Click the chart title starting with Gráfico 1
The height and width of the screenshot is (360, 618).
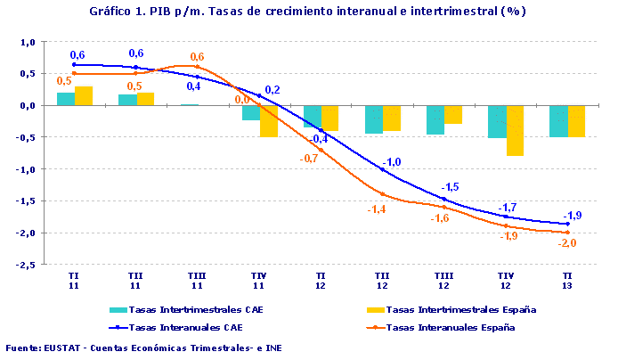click(x=307, y=12)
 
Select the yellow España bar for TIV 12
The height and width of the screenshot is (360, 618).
click(x=516, y=130)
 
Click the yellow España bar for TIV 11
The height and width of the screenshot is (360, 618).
click(x=269, y=120)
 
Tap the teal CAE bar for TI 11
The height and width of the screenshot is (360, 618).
click(x=66, y=99)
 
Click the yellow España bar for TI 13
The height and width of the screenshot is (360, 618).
click(x=577, y=120)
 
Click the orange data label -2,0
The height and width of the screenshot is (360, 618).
click(x=566, y=243)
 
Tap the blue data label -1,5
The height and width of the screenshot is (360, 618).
click(x=451, y=187)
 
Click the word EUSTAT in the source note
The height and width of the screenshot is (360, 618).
click(x=62, y=348)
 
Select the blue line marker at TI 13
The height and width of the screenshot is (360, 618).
click(x=567, y=225)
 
